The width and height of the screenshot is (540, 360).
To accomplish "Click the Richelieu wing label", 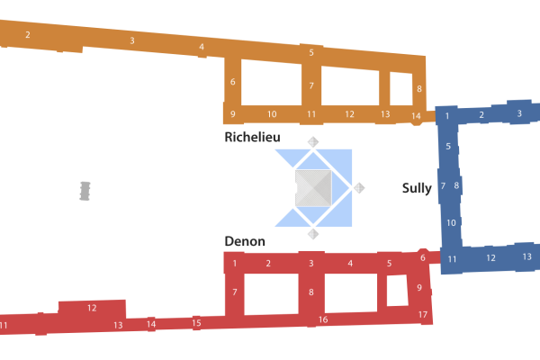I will coord(252,137).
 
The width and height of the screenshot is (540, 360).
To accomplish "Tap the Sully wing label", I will coord(417,188).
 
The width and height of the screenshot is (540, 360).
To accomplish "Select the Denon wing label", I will coord(244,241).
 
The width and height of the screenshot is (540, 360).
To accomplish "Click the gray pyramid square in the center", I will coord(313,187).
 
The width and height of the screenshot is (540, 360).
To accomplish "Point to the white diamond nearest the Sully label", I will coord(359,188).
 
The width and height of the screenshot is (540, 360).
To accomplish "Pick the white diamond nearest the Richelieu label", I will coord(313,141).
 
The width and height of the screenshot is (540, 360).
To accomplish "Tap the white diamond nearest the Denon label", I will coord(313,234).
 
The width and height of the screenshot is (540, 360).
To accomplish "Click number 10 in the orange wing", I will coord(272,114).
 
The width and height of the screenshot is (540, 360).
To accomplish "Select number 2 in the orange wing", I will coord(28,35).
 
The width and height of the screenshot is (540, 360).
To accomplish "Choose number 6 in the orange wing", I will coord(232,82).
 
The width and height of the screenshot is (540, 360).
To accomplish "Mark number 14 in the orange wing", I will coord(416,116).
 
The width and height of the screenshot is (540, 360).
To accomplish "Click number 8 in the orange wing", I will coord(419,89).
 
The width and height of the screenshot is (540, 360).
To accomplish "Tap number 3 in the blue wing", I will coord(519,113).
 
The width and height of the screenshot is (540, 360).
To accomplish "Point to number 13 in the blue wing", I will coord(526,256).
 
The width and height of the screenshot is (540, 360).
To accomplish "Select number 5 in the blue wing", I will coord(448,146).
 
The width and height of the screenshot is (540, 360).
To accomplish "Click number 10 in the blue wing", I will coord(451,222).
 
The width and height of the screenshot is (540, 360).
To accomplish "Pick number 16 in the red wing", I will coord(323,319).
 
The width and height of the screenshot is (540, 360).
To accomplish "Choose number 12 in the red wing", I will coord(92,308).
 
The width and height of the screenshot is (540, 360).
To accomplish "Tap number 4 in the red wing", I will coord(350,264).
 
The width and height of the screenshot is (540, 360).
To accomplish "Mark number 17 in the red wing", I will coord(423,314).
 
